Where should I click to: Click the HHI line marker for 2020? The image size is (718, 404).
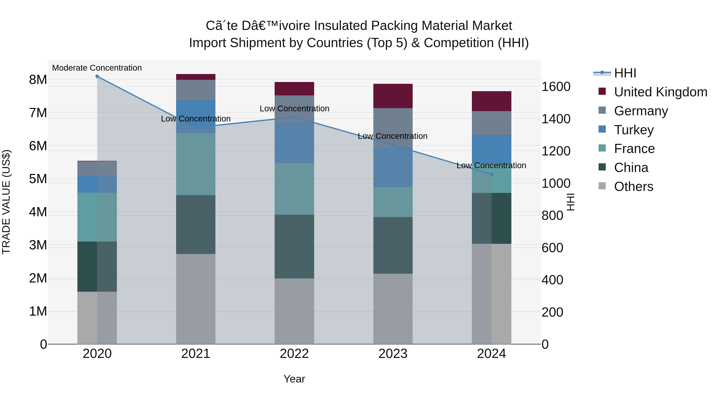pyautogui.click(x=97, y=76)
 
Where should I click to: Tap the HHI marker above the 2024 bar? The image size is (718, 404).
pyautogui.click(x=491, y=174)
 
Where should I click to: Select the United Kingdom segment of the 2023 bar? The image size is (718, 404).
pyautogui.click(x=393, y=96)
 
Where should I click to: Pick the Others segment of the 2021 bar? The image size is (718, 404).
pyautogui.click(x=196, y=299)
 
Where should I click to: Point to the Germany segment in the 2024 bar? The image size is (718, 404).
pyautogui.click(x=491, y=123)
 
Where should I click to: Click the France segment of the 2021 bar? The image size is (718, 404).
pyautogui.click(x=196, y=164)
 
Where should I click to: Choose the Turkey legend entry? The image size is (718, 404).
pyautogui.click(x=634, y=130)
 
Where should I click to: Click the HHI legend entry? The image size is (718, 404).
pyautogui.click(x=625, y=73)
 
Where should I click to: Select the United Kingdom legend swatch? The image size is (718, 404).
pyautogui.click(x=602, y=91)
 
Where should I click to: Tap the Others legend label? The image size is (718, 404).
pyautogui.click(x=634, y=187)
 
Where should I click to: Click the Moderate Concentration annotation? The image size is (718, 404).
pyautogui.click(x=97, y=68)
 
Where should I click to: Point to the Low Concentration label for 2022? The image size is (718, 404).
pyautogui.click(x=294, y=109)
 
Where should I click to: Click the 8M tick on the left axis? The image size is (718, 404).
pyautogui.click(x=38, y=80)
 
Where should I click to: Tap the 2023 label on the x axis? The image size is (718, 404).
pyautogui.click(x=393, y=354)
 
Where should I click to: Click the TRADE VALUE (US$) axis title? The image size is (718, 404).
pyautogui.click(x=6, y=202)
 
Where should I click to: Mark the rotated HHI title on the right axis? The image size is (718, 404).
pyautogui.click(x=571, y=202)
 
